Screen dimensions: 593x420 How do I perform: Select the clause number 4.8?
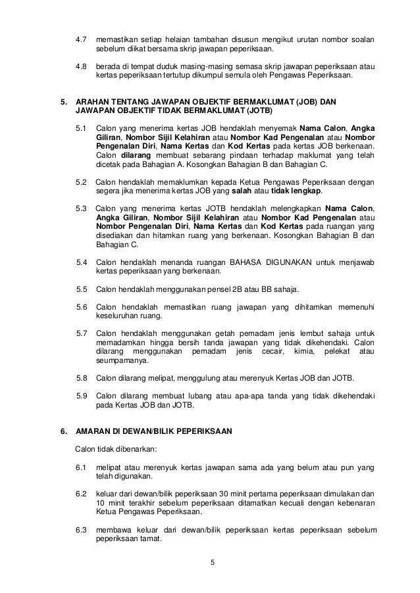click(x=82, y=66)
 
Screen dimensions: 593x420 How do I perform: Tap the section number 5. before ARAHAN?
click(x=64, y=102)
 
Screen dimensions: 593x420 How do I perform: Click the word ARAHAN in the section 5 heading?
click(x=95, y=102)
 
